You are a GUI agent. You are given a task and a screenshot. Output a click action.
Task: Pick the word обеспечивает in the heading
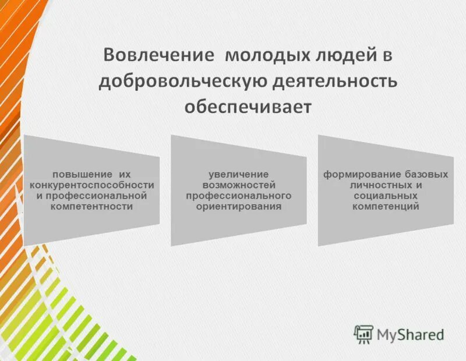coord(248,108)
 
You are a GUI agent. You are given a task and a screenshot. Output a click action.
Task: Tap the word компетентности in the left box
coord(92,206)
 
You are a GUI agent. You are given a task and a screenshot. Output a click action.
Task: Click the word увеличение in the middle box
coord(239,174)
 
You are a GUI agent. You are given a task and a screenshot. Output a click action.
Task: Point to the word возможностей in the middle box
coord(239,185)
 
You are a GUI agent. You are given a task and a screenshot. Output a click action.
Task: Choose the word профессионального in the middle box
coord(239,196)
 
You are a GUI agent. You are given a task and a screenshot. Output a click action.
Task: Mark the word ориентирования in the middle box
coord(239,206)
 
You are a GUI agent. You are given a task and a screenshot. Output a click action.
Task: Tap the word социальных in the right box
coord(386,196)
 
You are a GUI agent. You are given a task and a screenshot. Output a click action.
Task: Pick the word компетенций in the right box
coord(386,206)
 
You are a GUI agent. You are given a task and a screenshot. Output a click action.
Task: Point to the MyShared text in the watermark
coord(410,335)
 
